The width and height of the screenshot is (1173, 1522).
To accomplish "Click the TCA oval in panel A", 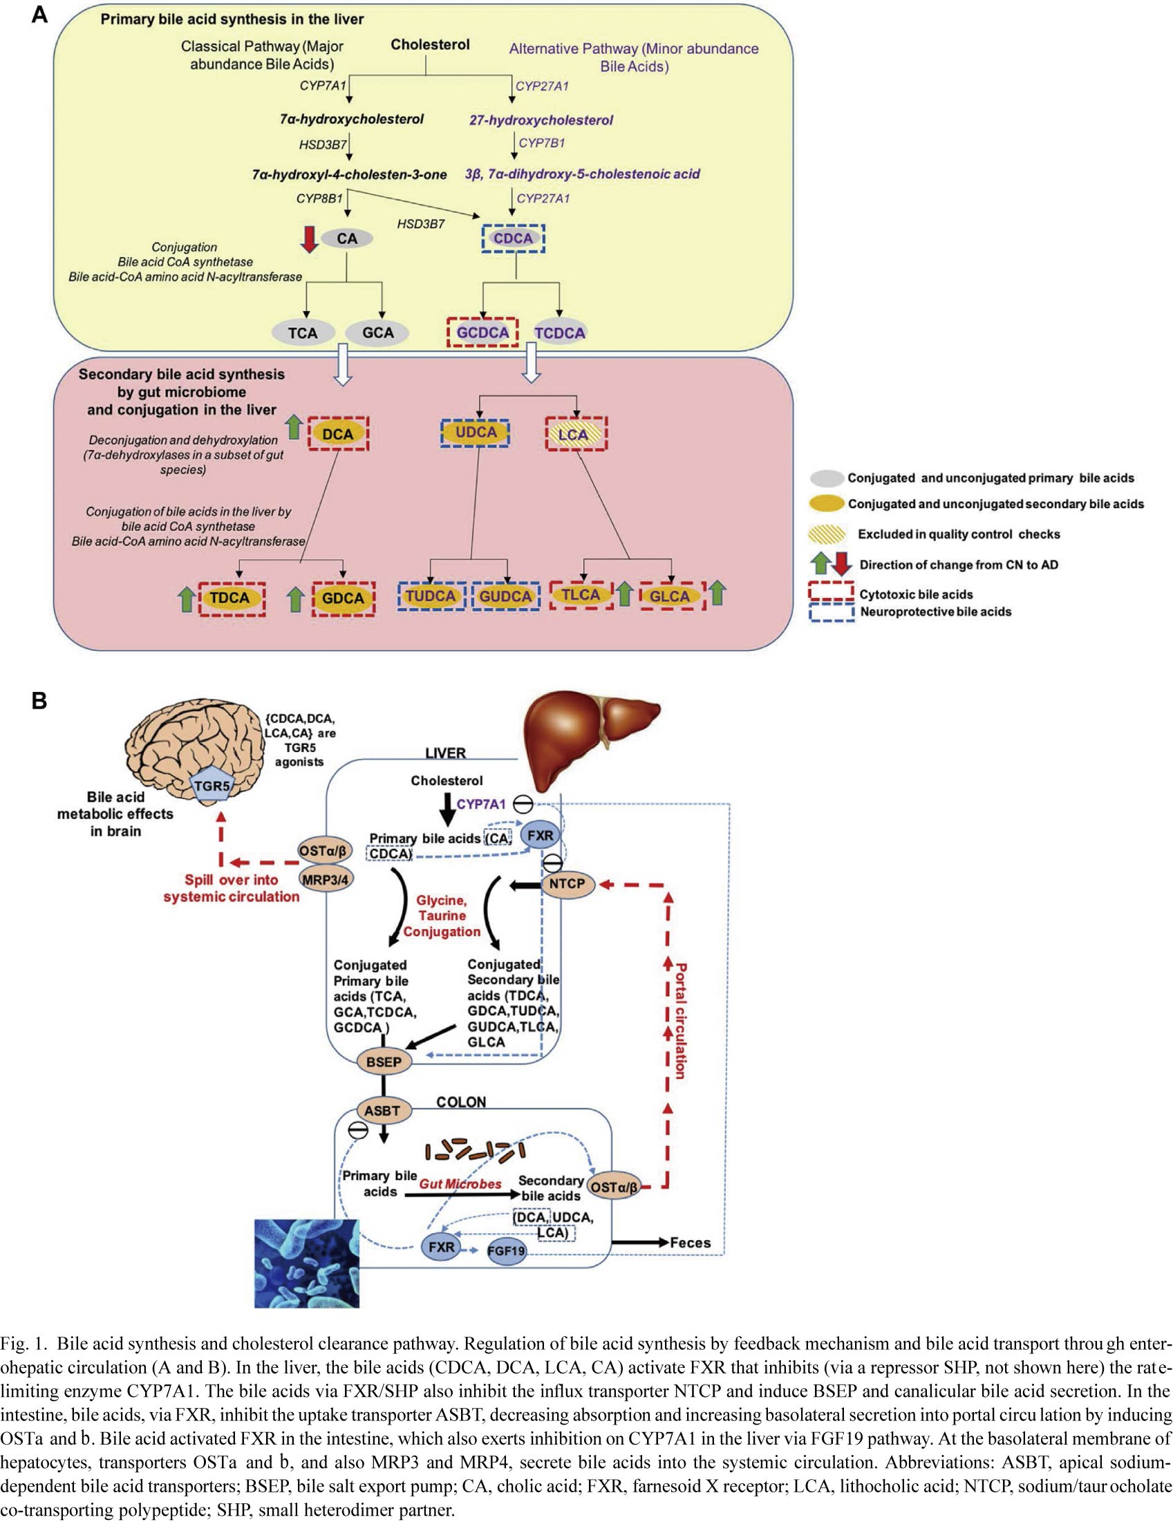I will pos(303,333).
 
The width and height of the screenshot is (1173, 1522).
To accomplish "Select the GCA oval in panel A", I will pos(378,332).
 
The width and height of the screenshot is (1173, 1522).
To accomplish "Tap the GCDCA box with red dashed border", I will pos(482,332).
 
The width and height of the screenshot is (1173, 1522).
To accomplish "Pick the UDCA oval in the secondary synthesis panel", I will pos(476,433).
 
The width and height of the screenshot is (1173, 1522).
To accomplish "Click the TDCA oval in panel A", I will pos(230,598).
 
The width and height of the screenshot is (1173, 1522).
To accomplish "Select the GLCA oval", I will pos(669,596).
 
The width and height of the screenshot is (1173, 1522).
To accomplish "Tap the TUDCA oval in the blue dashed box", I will pos(431,596).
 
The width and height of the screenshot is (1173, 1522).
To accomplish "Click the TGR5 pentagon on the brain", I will pos(212,786).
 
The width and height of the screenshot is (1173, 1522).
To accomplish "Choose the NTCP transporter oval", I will pos(567,883).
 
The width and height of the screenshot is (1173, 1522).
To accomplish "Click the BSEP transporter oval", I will pos(384,1062).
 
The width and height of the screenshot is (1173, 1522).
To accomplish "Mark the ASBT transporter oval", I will pos(382,1111).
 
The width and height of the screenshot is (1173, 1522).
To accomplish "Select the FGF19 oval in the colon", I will pos(506,1251).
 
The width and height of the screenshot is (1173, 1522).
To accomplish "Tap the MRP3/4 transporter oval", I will pos(325,879).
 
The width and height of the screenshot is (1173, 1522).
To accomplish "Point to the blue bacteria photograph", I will pos(307,1263).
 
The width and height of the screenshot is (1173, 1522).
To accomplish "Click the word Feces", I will pos(690,1243).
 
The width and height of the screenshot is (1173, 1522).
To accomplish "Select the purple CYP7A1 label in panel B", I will pos(481,805).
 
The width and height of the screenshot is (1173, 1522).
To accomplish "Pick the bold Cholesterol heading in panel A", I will pos(430,45).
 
